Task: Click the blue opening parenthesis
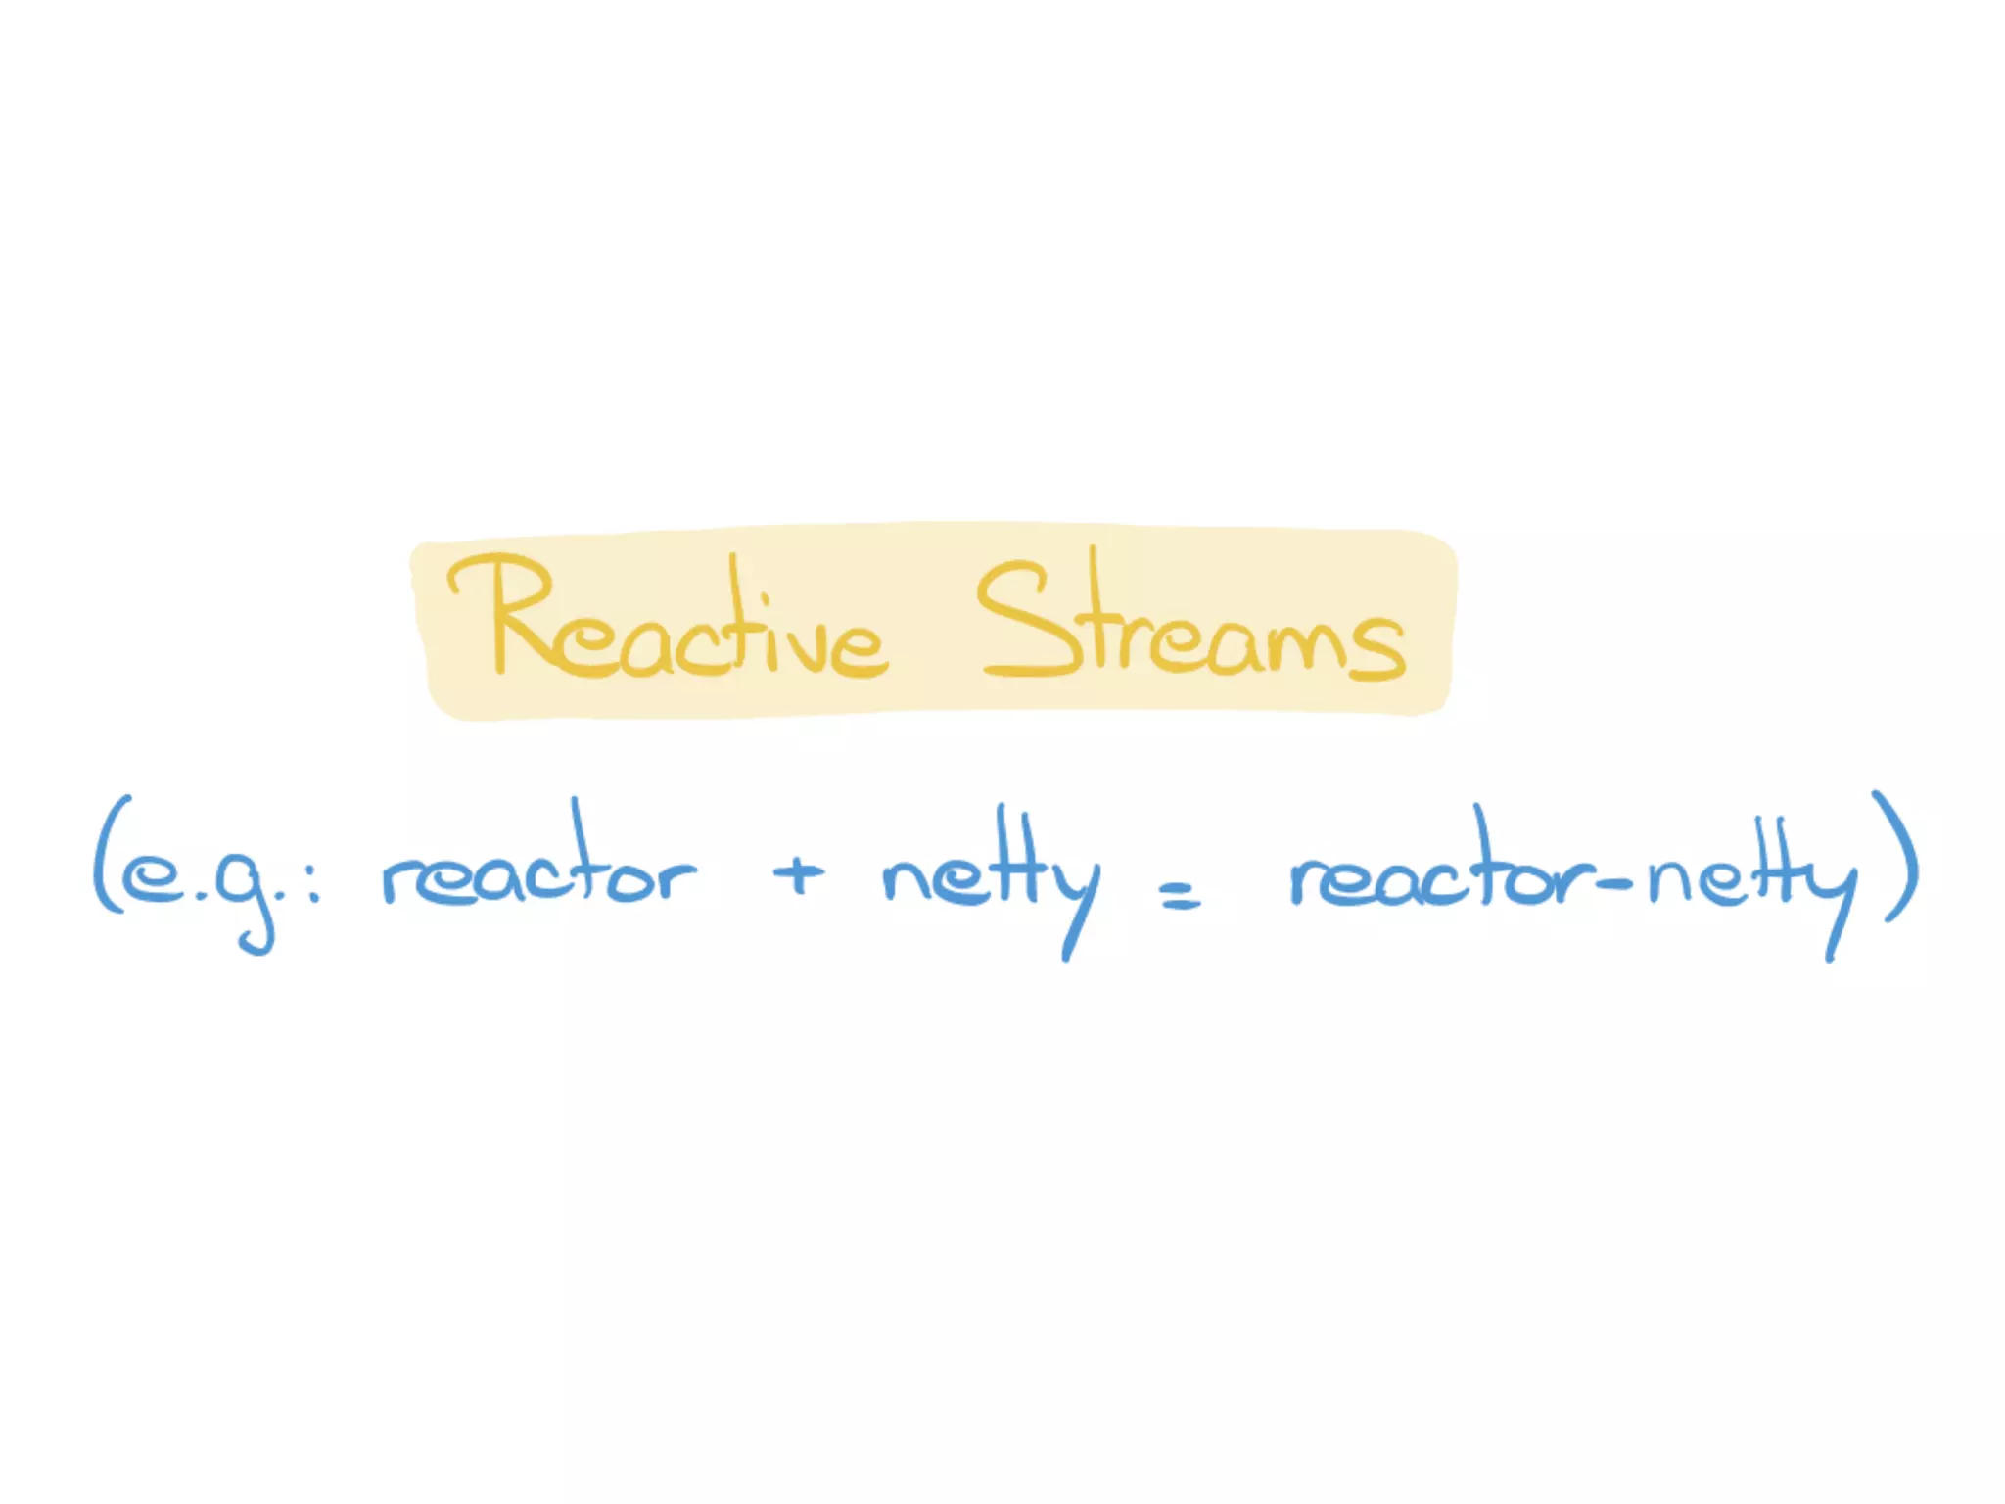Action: [108, 856]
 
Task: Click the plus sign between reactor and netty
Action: [798, 873]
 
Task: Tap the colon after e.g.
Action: [313, 878]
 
